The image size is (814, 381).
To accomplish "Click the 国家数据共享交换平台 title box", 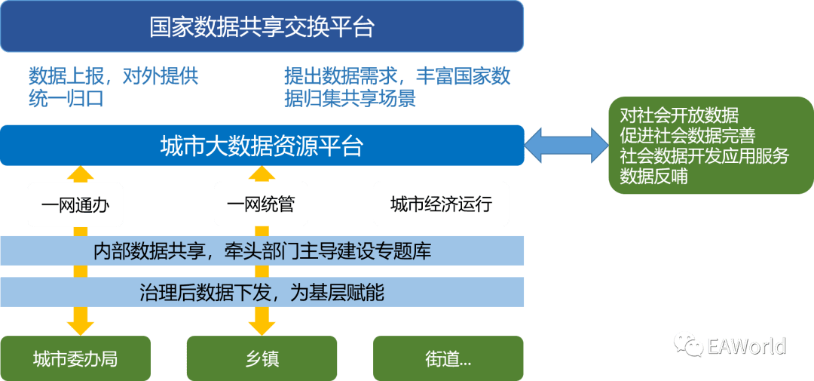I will [x=262, y=26].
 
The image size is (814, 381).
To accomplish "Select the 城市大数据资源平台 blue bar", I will [x=262, y=145].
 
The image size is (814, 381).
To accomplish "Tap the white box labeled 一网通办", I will [x=75, y=204].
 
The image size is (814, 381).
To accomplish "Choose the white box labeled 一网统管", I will [x=261, y=204].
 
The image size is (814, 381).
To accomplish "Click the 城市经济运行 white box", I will [x=441, y=204].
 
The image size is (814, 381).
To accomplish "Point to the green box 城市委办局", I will [x=75, y=358].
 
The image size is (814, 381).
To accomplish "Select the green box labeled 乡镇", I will [x=262, y=358].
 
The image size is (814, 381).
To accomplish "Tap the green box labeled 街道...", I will [x=448, y=358].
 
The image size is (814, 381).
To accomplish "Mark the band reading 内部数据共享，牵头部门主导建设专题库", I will [x=262, y=250].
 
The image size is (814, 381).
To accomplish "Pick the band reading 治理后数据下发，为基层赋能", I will [x=262, y=292].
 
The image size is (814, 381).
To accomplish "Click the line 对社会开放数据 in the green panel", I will [x=679, y=115].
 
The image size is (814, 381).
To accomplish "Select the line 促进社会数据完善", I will [x=687, y=136].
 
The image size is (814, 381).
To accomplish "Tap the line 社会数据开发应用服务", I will [x=704, y=156].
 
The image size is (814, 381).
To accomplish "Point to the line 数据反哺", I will [x=653, y=177].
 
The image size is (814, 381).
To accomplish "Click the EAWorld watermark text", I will [x=746, y=346].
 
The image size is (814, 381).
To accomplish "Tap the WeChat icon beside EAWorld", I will [x=688, y=345].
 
